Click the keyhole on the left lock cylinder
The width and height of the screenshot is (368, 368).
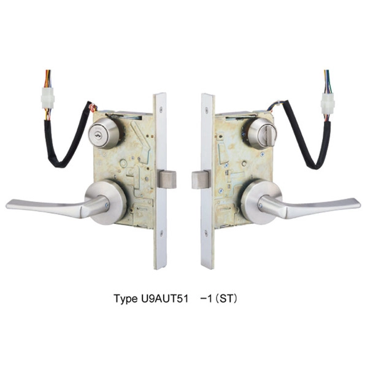[98, 135]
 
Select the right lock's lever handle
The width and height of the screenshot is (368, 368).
[309, 207]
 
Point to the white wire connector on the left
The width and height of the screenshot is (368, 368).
[48, 98]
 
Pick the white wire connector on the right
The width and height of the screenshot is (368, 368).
[328, 103]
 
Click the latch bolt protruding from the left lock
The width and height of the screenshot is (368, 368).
[167, 179]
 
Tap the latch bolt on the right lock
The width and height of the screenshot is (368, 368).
[200, 180]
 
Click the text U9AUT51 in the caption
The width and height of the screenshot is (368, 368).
[164, 299]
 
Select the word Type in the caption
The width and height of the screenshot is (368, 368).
[125, 299]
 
